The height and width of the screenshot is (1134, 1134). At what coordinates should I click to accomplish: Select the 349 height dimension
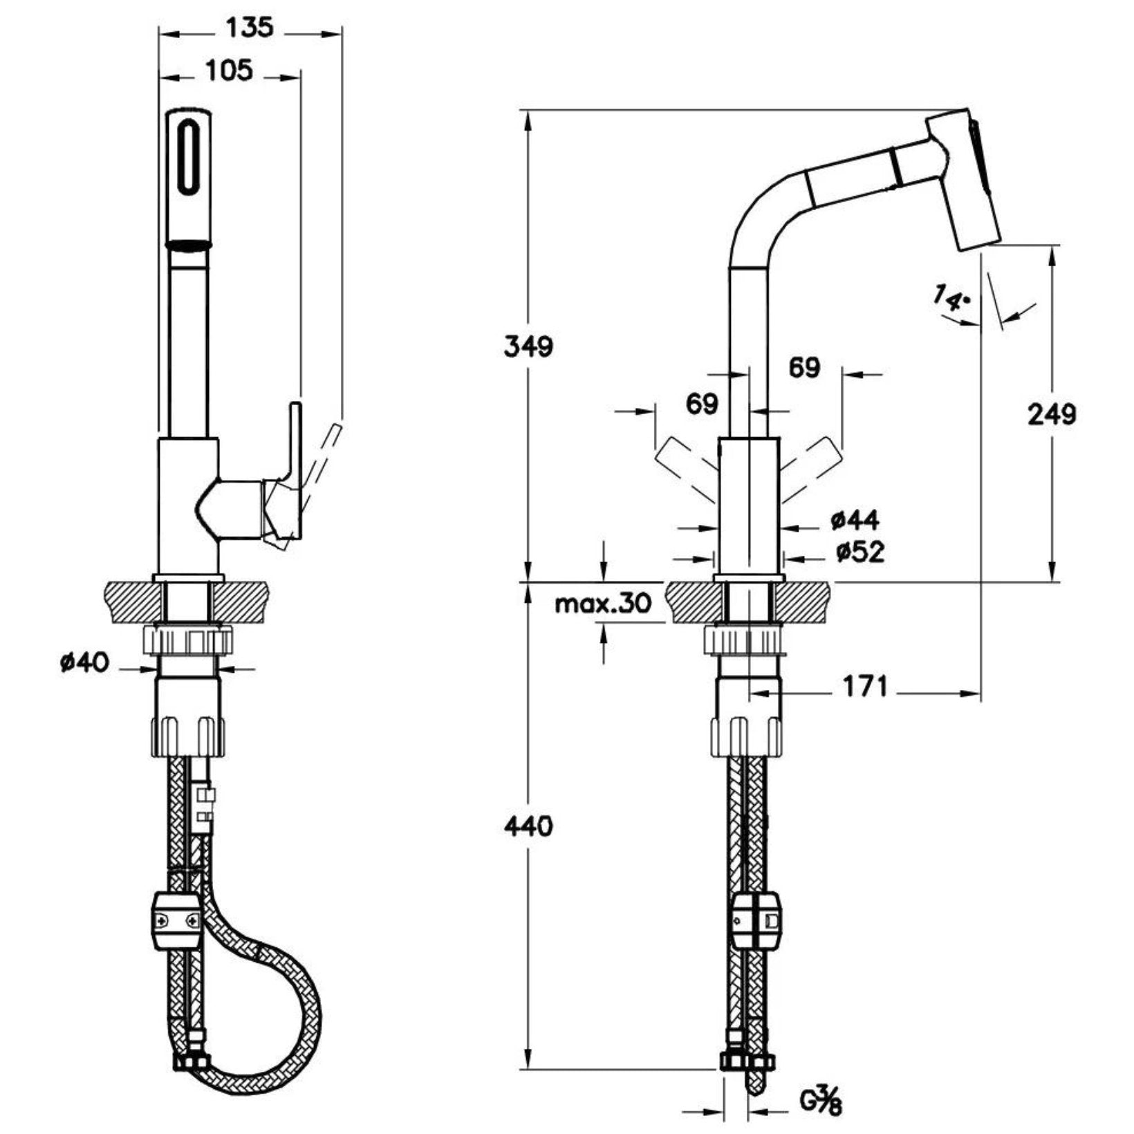coord(528,346)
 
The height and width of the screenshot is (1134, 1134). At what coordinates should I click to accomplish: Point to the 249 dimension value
coord(1051,414)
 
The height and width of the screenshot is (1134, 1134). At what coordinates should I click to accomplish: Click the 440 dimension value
coord(528,826)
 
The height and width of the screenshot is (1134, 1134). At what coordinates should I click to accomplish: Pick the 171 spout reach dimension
coord(864,687)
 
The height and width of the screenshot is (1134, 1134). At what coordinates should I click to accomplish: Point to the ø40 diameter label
coord(84,663)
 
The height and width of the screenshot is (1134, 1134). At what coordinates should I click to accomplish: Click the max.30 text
coord(604,604)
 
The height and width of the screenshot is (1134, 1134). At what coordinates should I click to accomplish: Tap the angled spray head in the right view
coord(964,182)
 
